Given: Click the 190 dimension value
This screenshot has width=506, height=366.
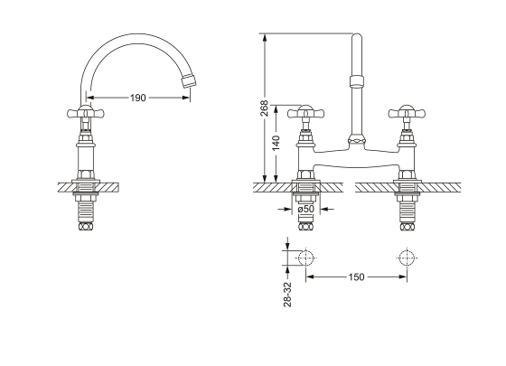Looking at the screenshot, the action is point(137,98).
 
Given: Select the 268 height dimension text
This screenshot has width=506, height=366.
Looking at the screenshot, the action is point(264,108).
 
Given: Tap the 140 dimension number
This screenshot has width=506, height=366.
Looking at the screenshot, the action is point(276,144).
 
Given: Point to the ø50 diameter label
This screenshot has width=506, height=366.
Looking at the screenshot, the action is point(306,209).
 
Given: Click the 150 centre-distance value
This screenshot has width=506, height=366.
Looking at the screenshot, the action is point(356,277).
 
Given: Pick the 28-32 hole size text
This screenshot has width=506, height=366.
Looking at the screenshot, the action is point(287,295).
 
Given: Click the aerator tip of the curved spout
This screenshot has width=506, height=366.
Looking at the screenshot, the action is point(189,80).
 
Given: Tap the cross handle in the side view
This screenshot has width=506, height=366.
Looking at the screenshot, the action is point(86,113).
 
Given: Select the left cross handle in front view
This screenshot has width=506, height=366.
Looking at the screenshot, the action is point(305,113).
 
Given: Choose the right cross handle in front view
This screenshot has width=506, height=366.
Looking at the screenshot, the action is point(407,113).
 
